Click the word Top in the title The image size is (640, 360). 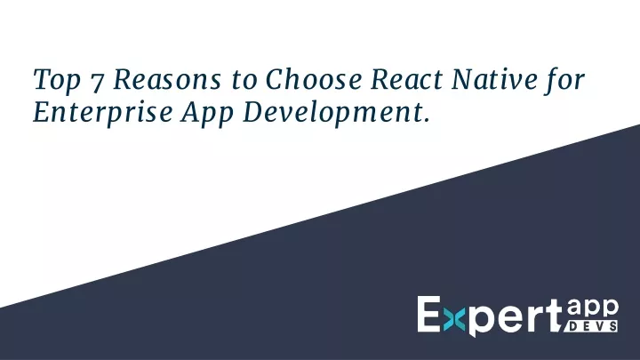(57, 80)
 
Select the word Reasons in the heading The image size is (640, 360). (167, 79)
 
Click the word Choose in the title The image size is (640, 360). (314, 79)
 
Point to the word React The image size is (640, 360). (406, 79)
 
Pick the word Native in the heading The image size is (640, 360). (494, 79)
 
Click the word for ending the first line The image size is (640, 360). (564, 80)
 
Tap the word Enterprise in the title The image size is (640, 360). (102, 113)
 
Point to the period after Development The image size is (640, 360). (427, 120)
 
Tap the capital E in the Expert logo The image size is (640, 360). (428, 314)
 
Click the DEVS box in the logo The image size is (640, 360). (591, 326)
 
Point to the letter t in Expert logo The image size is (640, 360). (553, 316)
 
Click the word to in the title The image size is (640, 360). (244, 80)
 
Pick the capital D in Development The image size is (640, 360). (255, 113)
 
